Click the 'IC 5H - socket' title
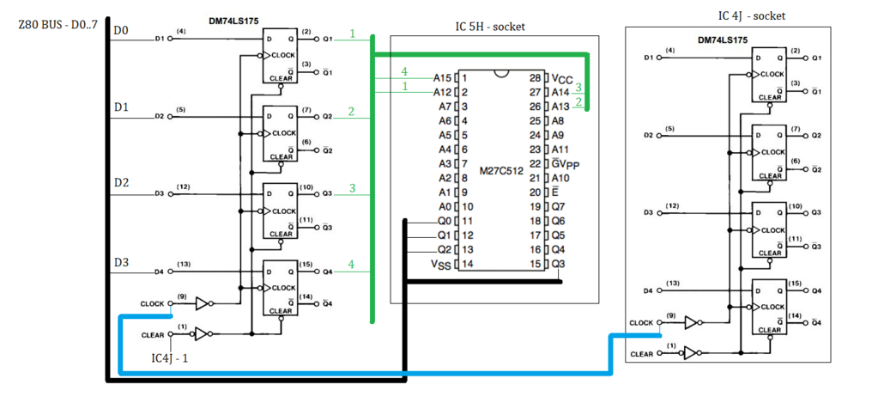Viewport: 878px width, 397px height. pyautogui.click(x=489, y=27)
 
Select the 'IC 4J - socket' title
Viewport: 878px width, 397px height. pyautogui.click(x=751, y=15)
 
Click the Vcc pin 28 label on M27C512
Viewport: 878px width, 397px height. pyautogui.click(x=560, y=77)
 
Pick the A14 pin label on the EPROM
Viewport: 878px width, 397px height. pyautogui.click(x=560, y=92)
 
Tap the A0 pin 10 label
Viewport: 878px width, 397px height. pyautogui.click(x=445, y=206)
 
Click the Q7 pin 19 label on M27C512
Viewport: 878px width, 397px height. pyautogui.click(x=558, y=206)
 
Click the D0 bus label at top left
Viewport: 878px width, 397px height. pyautogui.click(x=121, y=31)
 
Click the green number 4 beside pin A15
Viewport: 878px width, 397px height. pyautogui.click(x=404, y=70)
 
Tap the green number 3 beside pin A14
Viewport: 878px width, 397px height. pyautogui.click(x=578, y=87)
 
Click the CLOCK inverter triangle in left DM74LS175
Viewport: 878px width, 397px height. pyautogui.click(x=203, y=303)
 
